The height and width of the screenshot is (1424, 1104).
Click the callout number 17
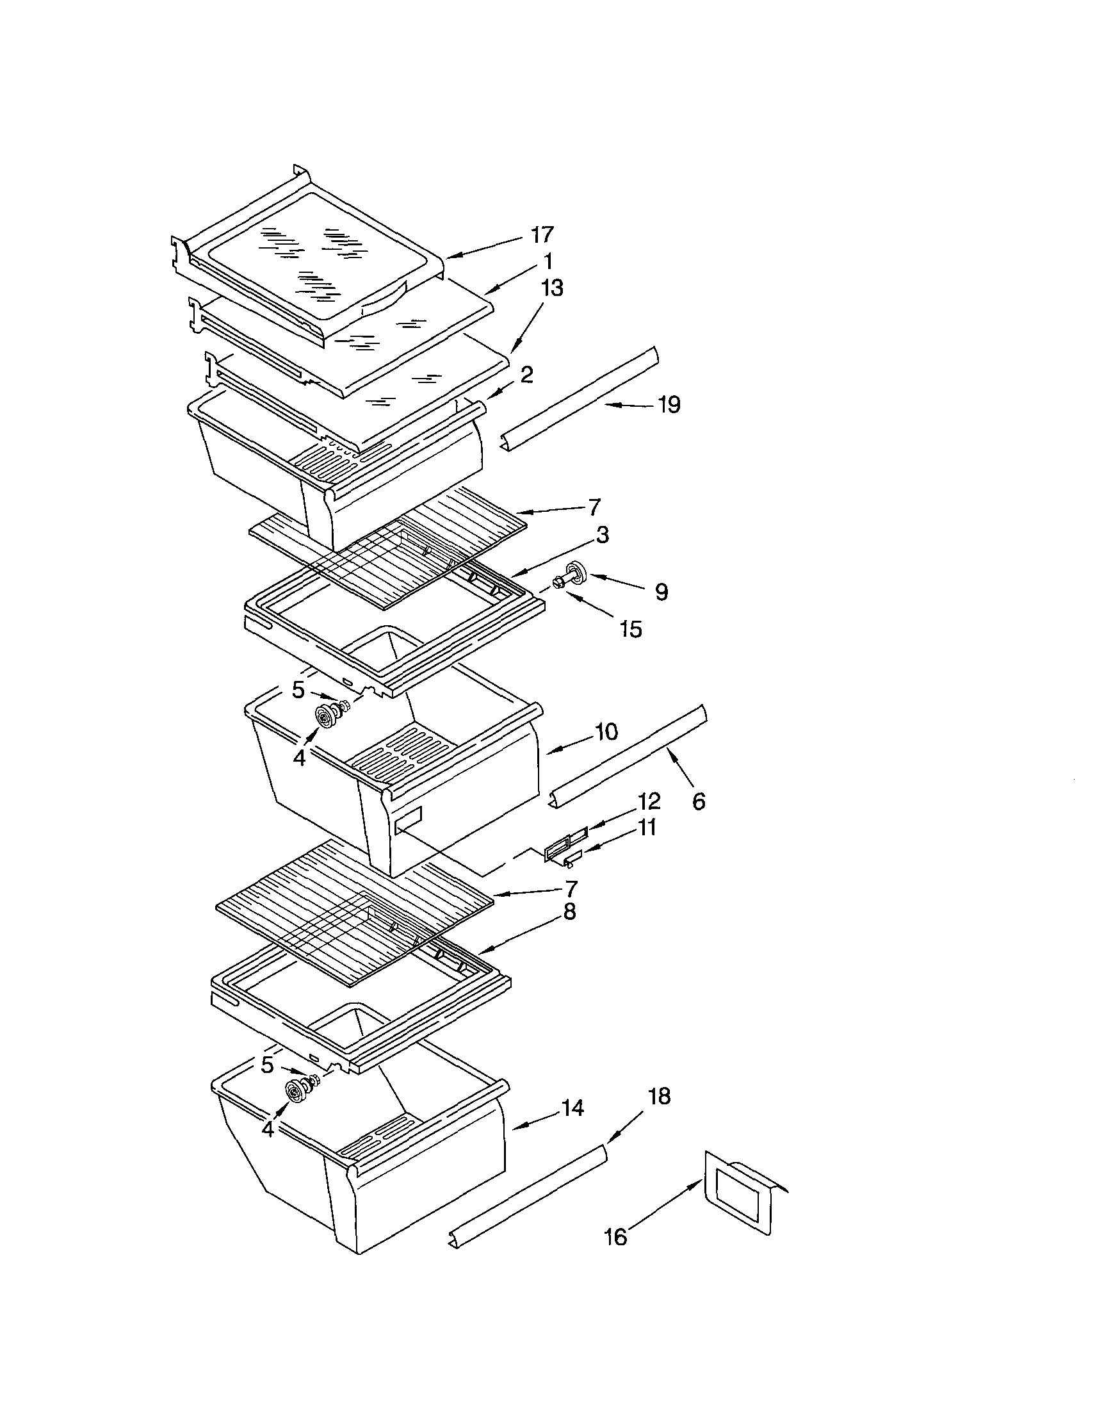[x=542, y=234]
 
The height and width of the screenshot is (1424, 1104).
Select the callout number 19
[x=669, y=405]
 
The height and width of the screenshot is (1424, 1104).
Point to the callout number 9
[x=661, y=592]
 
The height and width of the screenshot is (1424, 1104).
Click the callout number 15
[x=631, y=629]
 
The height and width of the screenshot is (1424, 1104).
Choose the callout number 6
[x=699, y=801]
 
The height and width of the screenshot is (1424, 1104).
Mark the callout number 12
[x=649, y=801]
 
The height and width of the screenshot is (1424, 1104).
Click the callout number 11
[x=647, y=828]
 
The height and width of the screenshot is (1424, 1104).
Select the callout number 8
[x=569, y=912]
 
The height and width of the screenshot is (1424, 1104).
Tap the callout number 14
[x=572, y=1108]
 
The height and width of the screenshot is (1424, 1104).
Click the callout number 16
[x=616, y=1237]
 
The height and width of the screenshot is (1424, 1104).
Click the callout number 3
[x=602, y=535]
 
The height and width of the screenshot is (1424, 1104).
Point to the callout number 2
[x=526, y=374]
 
